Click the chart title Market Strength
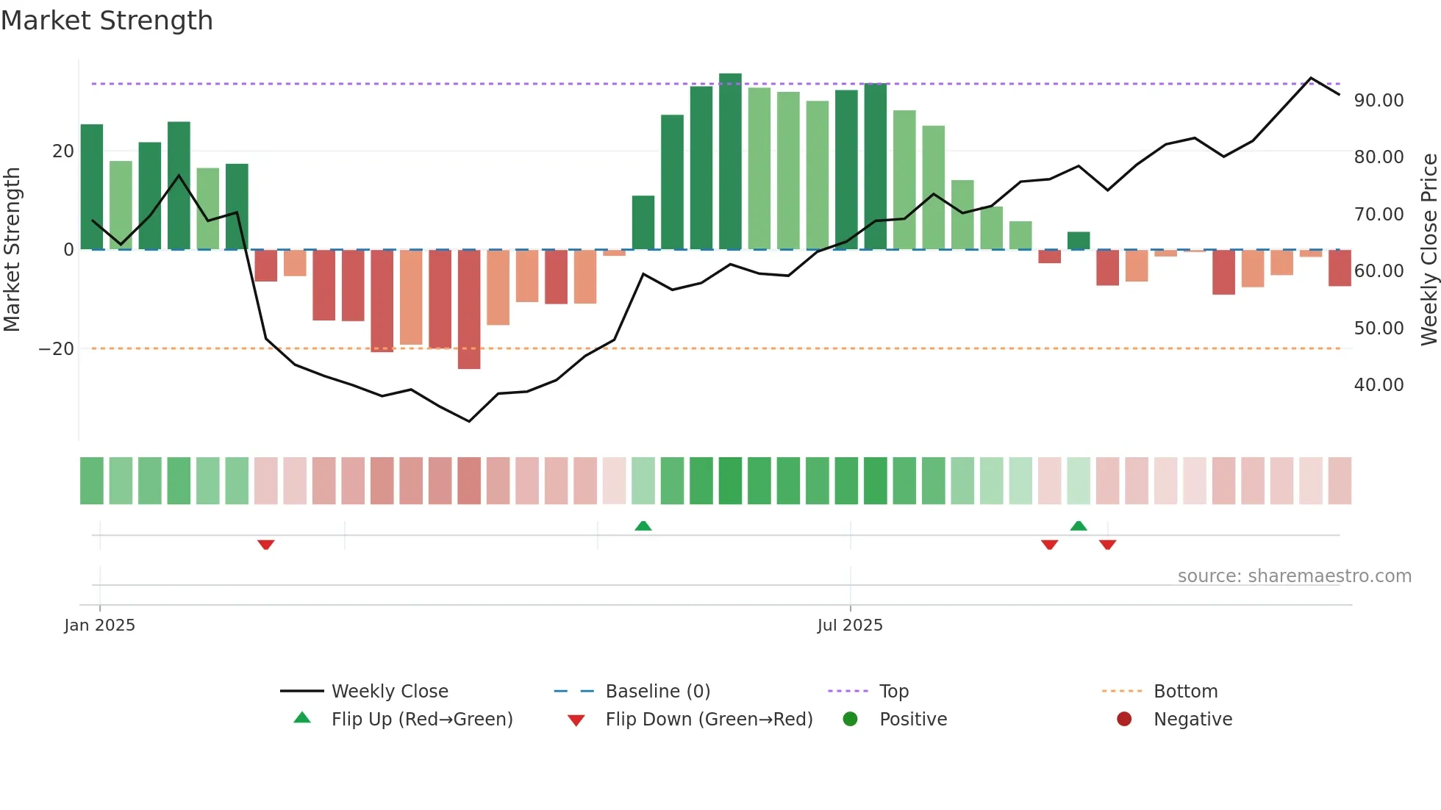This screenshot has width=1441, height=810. [107, 21]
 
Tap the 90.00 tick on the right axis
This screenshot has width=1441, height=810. [1379, 101]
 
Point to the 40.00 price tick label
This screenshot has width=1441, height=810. [1379, 385]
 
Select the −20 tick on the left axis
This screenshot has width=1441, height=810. [57, 349]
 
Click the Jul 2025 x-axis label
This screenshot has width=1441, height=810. [850, 626]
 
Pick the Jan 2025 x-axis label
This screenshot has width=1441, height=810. [100, 626]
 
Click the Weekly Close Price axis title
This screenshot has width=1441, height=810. [1429, 249]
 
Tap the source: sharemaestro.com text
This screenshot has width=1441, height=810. [1294, 576]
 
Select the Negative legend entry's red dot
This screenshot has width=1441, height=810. [1124, 720]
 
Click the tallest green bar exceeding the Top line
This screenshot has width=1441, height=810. [730, 162]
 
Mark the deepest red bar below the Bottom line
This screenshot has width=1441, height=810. [469, 309]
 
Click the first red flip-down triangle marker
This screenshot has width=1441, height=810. [266, 545]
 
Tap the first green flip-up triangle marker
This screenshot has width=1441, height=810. [643, 526]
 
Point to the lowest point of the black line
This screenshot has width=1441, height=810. [469, 421]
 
